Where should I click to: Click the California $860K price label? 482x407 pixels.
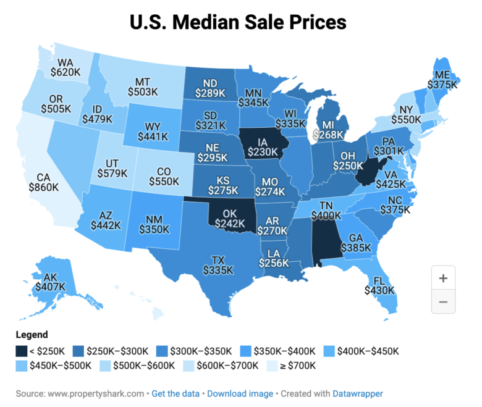click(x=44, y=182)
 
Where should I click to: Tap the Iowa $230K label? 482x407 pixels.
click(x=263, y=147)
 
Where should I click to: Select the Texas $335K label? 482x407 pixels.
click(x=218, y=266)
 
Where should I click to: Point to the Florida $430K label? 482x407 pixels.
click(x=379, y=285)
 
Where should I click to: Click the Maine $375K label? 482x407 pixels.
click(x=442, y=80)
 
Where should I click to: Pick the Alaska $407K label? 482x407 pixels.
click(x=51, y=282)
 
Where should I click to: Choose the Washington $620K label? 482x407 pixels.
click(x=66, y=67)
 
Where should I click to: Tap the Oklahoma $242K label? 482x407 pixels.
click(x=230, y=219)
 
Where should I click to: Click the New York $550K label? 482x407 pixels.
click(x=406, y=115)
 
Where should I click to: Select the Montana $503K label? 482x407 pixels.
click(x=143, y=87)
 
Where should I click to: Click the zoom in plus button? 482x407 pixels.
click(x=443, y=278)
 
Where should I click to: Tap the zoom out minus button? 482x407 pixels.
click(x=443, y=301)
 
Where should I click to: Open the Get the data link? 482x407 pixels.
click(x=175, y=393)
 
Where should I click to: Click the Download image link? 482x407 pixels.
click(x=240, y=393)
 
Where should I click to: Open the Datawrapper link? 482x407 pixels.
click(x=358, y=393)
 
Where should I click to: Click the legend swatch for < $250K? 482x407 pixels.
click(x=22, y=351)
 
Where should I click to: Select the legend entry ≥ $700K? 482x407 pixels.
click(x=291, y=366)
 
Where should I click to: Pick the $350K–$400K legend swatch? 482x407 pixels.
click(x=245, y=351)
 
